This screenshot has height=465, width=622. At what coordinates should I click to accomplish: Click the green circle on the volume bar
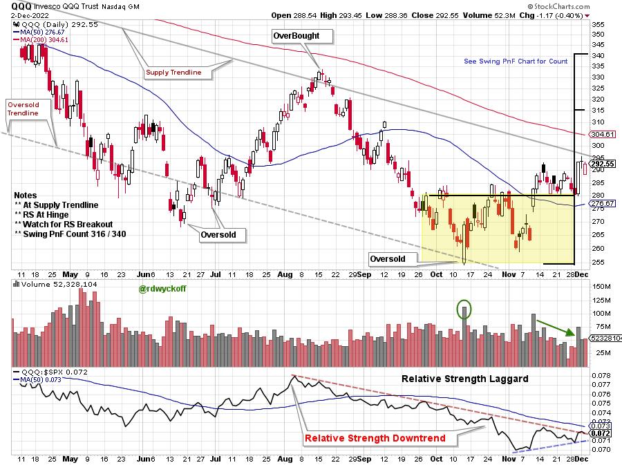[466, 308]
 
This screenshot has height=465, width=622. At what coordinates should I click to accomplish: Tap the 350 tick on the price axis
[599, 34]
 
